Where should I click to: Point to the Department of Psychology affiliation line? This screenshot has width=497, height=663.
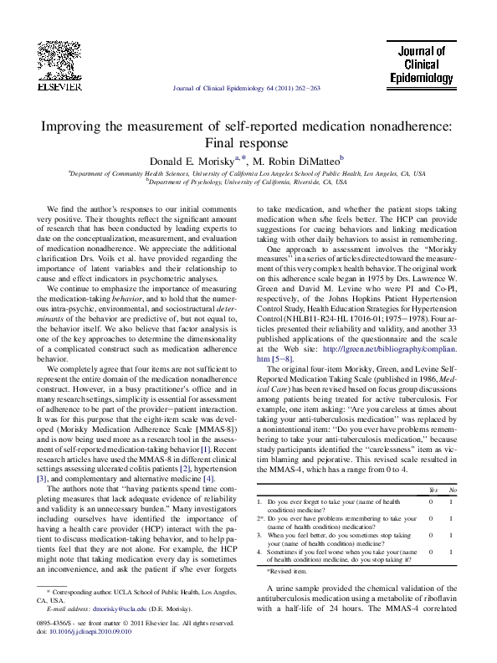tap(248, 180)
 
